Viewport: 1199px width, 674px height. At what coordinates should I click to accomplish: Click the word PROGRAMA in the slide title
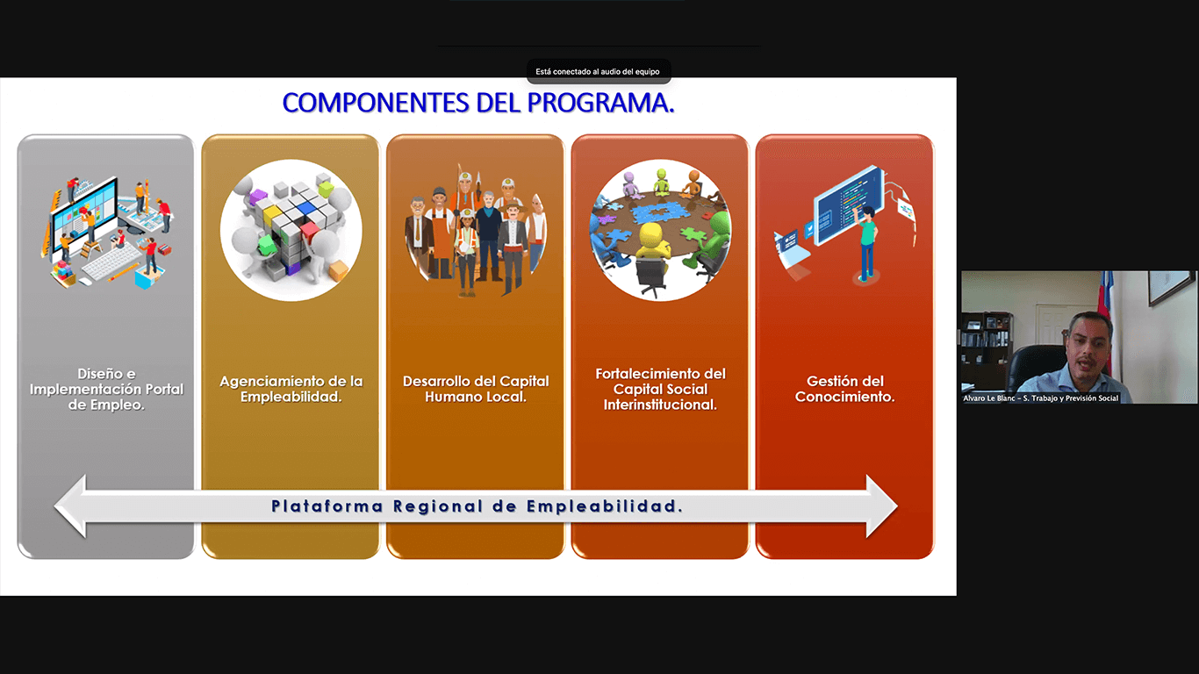pyautogui.click(x=600, y=103)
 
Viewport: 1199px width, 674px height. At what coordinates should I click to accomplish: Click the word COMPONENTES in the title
pyautogui.click(x=376, y=103)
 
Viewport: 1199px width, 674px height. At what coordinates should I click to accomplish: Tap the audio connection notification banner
pyautogui.click(x=598, y=71)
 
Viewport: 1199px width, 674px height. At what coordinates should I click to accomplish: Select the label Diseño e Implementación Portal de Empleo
pyautogui.click(x=106, y=389)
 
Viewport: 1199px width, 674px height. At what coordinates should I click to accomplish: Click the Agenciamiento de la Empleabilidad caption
pyautogui.click(x=291, y=389)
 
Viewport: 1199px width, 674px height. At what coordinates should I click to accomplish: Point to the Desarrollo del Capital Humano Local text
pyautogui.click(x=476, y=389)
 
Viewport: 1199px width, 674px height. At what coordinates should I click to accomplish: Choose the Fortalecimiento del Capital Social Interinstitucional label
pyautogui.click(x=661, y=389)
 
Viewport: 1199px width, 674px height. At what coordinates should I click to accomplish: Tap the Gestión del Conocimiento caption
pyautogui.click(x=844, y=389)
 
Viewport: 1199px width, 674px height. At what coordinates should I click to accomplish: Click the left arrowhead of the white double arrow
pyautogui.click(x=70, y=505)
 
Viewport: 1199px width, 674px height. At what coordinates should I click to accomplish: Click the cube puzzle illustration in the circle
pyautogui.click(x=291, y=230)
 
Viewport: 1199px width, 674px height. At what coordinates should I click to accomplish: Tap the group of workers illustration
pyautogui.click(x=476, y=230)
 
